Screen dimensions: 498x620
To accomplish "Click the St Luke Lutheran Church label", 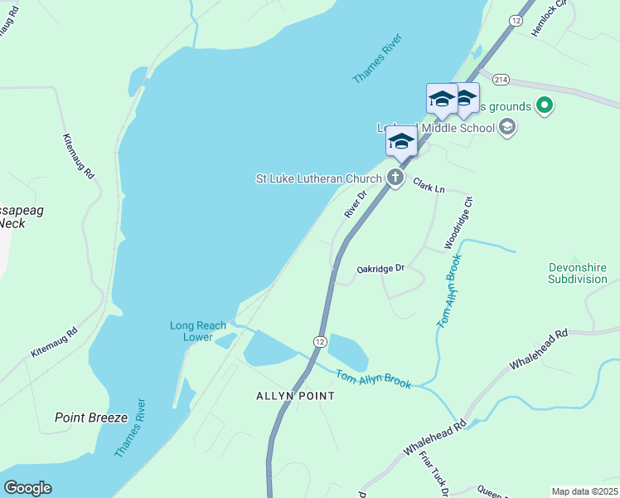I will click(318, 178).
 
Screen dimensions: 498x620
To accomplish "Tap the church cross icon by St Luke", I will click(396, 178).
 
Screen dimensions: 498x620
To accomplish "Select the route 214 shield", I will click(500, 79).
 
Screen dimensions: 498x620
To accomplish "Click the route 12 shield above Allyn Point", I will click(320, 341).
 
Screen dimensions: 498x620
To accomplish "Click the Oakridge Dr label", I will click(380, 268).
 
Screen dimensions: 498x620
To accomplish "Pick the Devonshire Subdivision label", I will click(578, 273).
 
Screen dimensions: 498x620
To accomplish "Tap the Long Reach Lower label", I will click(198, 331).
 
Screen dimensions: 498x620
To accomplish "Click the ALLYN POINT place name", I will click(295, 396).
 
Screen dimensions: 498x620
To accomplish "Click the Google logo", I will click(27, 488).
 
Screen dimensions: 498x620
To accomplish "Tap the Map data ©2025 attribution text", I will click(584, 491).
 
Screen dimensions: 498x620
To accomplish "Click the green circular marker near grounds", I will click(545, 105).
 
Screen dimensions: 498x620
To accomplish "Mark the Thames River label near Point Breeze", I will click(132, 427).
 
